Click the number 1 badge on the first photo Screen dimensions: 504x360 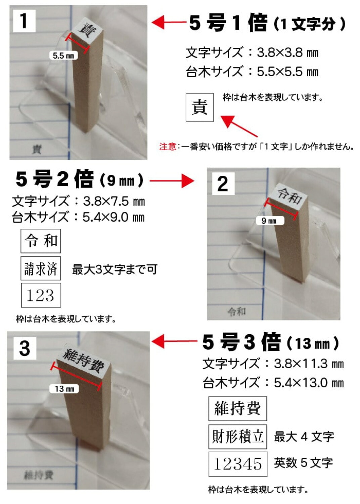coord(24,21)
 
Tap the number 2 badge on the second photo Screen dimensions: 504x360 coord(223,183)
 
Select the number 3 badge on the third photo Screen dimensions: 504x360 coord(25,348)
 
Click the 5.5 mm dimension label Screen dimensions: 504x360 coord(63,56)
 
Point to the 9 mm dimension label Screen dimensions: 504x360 coord(270,221)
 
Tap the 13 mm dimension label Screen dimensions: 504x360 coord(64,389)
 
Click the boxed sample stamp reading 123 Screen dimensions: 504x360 coord(41,295)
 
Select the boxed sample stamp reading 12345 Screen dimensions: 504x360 coord(238,464)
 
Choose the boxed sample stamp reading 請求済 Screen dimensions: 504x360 coord(41,268)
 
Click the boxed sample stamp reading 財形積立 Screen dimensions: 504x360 coord(238,437)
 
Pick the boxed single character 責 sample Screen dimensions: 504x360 coord(199,108)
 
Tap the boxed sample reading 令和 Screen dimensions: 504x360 coord(41,241)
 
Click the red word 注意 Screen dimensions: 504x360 coord(168,147)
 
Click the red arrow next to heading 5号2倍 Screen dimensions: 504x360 coord(172,181)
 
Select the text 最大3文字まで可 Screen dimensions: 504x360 coord(115,269)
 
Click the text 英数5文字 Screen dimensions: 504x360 coord(303,463)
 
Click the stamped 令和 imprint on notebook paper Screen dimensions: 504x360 coord(237,312)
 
